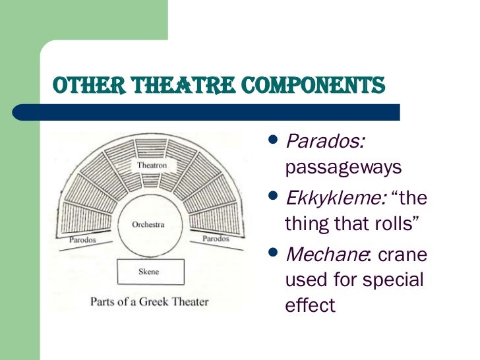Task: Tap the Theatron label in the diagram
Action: (151, 164)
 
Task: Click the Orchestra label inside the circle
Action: (148, 224)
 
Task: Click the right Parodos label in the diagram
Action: (216, 238)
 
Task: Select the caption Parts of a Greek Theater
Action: (149, 302)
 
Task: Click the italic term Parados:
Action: (326, 142)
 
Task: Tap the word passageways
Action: (343, 167)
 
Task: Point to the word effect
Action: (310, 305)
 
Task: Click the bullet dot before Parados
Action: (275, 140)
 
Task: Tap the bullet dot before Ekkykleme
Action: (275, 196)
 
